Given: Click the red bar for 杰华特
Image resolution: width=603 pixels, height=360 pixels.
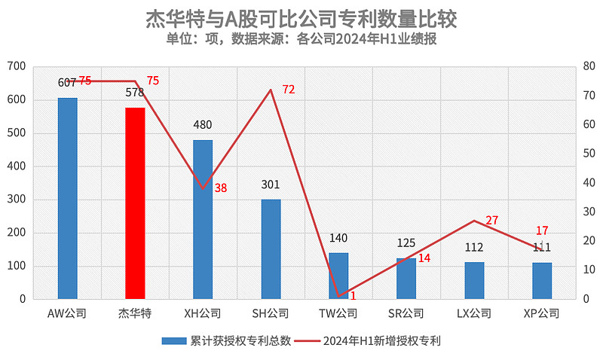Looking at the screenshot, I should pos(135,203).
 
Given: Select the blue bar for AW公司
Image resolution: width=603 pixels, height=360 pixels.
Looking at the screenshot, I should pos(67,199).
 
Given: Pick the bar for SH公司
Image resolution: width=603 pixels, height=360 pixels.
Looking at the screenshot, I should pos(271,249).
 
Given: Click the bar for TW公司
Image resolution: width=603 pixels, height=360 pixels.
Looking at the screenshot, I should pos(338,276).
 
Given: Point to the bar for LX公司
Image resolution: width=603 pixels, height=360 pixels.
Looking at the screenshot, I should pos(474,281).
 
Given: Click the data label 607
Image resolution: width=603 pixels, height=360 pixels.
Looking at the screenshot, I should pos(67,83).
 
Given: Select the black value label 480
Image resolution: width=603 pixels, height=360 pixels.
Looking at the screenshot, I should pos(203,125).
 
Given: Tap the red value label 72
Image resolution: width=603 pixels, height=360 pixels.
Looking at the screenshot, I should pos(288,90).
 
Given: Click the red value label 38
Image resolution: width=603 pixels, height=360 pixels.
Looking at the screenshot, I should pos(220,188).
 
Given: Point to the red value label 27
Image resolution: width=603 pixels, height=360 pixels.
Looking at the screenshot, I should pos(491,220).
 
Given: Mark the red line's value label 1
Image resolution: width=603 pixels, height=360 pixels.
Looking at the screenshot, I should pos(352,296).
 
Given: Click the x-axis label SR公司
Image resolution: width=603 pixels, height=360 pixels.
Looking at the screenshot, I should pos(406,313).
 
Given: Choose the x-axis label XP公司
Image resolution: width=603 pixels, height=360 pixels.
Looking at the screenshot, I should pos(542,313).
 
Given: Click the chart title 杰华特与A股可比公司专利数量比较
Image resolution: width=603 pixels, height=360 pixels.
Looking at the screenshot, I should pos(301,19).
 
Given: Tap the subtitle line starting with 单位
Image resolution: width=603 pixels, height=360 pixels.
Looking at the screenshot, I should pos(301,39).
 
